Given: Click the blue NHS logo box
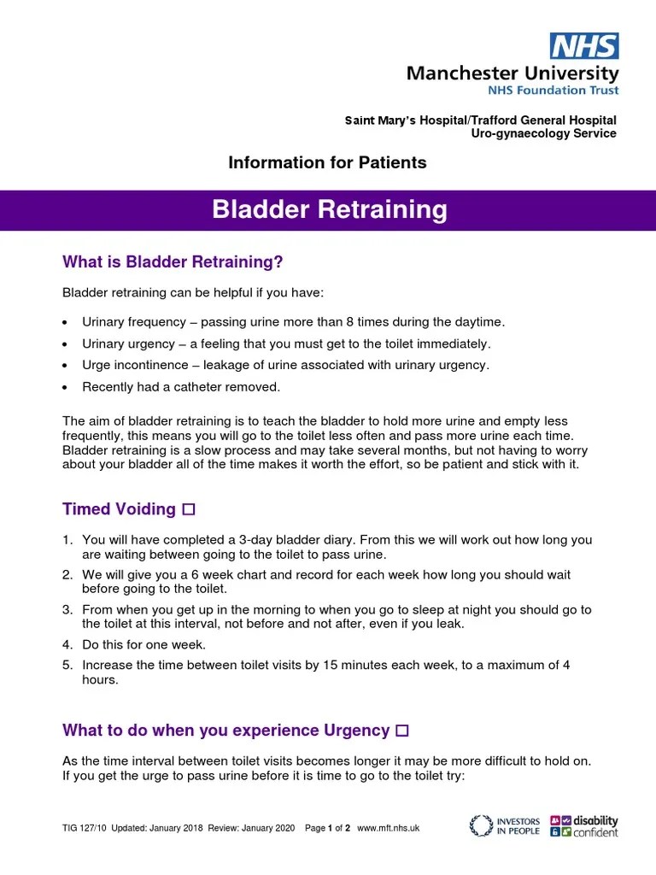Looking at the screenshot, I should (x=584, y=45).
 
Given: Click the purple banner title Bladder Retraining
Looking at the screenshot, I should (x=329, y=209).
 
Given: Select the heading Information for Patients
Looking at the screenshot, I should (x=327, y=162).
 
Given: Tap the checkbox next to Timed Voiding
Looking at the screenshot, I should (x=189, y=510).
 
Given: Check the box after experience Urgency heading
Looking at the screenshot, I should (x=403, y=731).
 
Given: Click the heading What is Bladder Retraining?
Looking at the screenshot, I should (x=172, y=261).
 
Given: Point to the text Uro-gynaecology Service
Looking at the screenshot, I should (x=543, y=133).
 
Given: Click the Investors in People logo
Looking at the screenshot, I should (x=505, y=825).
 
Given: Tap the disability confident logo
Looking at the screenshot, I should (x=584, y=825).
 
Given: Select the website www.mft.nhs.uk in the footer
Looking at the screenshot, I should (x=388, y=829).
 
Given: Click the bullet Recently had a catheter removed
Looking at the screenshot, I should (x=180, y=387).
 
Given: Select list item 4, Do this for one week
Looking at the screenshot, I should (x=143, y=644).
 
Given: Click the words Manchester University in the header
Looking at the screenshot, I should (x=512, y=73).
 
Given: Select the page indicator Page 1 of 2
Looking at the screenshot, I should (x=328, y=829).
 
